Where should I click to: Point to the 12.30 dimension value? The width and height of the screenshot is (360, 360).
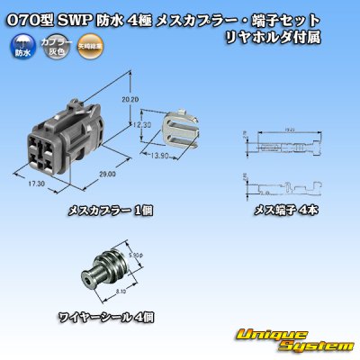(x=133, y=126)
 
